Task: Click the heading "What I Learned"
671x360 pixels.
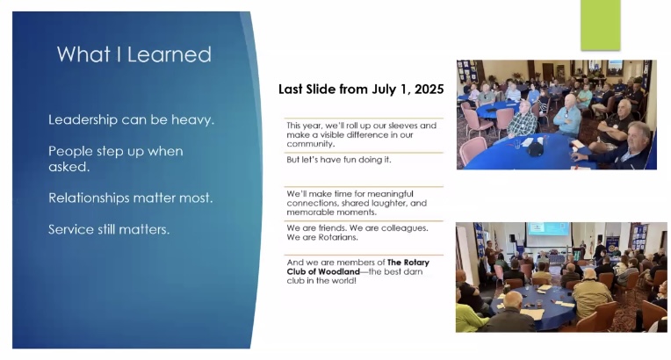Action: tap(134, 54)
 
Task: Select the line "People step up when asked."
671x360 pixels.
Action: tap(116, 159)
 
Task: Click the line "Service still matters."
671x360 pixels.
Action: tap(109, 229)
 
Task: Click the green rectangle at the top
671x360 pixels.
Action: tap(601, 25)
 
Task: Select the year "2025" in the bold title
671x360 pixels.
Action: tap(429, 89)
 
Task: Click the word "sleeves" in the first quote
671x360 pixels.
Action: tap(403, 126)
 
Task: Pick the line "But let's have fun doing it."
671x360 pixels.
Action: tap(339, 160)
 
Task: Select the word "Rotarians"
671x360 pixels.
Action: tap(338, 237)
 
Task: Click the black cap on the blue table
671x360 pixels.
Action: tap(535, 149)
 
